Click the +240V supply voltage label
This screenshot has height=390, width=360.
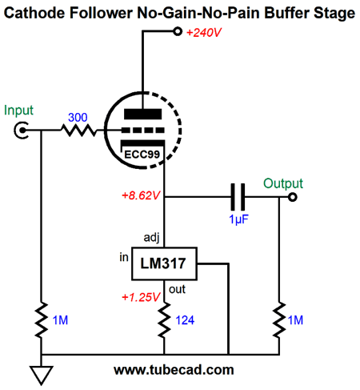click(x=204, y=33)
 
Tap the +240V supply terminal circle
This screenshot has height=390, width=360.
click(x=178, y=31)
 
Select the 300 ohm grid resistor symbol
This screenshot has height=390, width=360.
click(x=78, y=131)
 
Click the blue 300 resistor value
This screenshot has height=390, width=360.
click(x=78, y=118)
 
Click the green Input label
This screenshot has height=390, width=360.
click(x=18, y=111)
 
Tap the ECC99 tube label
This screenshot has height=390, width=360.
click(x=142, y=155)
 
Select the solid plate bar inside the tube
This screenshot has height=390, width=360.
click(x=143, y=114)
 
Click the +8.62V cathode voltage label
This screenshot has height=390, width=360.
click(x=141, y=195)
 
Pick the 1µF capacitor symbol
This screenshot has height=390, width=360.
click(x=238, y=197)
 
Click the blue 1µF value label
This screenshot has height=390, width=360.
click(x=238, y=219)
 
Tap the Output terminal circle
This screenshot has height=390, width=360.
click(x=293, y=197)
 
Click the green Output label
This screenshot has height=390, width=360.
click(x=283, y=183)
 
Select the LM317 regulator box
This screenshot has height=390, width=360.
click(x=164, y=263)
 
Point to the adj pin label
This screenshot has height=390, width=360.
click(x=151, y=237)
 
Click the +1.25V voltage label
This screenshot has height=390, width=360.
click(x=141, y=297)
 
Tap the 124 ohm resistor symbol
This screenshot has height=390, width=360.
click(x=164, y=320)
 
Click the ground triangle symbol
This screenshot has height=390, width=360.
click(x=42, y=376)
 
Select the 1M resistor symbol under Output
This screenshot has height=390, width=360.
click(x=279, y=320)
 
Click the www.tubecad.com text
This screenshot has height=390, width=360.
click(x=174, y=370)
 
